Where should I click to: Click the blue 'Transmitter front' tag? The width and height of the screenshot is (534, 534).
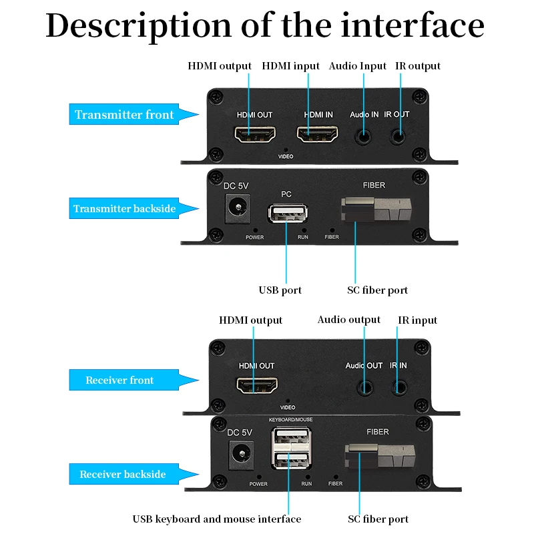point(125,115)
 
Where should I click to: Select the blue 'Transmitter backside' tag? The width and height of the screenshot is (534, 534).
point(125,209)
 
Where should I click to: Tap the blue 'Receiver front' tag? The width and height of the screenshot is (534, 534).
point(120,380)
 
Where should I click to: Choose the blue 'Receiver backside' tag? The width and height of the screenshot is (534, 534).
point(123,475)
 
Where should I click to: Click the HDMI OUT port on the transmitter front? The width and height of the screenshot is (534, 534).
point(254,136)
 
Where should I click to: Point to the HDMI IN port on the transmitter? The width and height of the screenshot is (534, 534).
point(318,136)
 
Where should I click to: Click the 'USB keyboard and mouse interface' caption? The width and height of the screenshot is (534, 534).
point(217,519)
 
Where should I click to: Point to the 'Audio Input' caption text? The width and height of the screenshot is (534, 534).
point(358,66)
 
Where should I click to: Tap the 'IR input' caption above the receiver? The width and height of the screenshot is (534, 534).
point(417,320)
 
